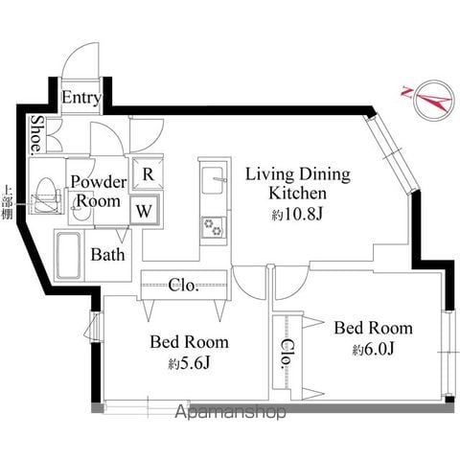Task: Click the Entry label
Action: [81, 98]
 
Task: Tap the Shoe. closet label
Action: [37, 133]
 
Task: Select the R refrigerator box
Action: [147, 173]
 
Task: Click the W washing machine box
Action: [144, 210]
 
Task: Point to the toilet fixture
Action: [46, 195]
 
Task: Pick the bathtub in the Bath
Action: [69, 256]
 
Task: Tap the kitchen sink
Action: [213, 180]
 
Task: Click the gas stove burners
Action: [213, 227]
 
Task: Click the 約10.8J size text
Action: [298, 215]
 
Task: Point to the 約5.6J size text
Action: [190, 363]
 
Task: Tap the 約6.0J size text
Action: [374, 350]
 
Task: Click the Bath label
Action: [107, 255]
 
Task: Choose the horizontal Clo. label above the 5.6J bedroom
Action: [183, 285]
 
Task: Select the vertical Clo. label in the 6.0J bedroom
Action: [287, 354]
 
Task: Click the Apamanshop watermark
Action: [230, 412]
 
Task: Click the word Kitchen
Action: [298, 194]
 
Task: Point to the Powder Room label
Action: [99, 192]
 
